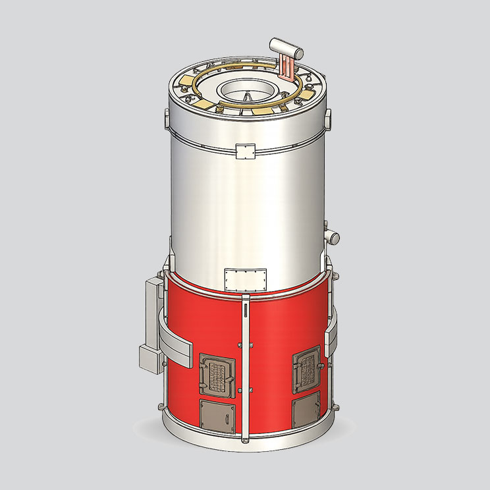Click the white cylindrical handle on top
(286, 47)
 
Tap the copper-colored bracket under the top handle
(287, 68)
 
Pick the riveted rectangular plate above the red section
(245, 279)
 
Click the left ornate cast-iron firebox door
(217, 374)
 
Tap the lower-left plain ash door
(217, 416)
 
